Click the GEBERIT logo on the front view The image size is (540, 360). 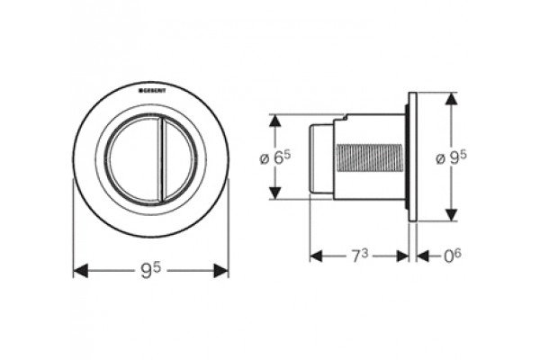[152, 91]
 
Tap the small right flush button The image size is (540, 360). [178, 160]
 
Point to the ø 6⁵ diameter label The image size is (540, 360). [274, 157]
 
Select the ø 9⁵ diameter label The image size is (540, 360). [451, 157]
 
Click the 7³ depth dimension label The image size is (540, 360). [360, 256]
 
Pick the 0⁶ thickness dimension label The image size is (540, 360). [452, 256]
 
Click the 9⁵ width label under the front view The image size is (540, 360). [151, 270]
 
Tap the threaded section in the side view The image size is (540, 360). [368, 157]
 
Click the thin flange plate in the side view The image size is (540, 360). [412, 157]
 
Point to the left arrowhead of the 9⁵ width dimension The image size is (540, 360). [81, 270]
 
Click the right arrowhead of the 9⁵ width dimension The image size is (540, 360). [221, 270]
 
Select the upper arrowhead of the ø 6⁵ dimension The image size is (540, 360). [274, 121]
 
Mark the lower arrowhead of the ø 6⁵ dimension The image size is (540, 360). [274, 193]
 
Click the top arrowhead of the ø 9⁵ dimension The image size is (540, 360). [452, 99]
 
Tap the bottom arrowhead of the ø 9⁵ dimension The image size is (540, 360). [452, 214]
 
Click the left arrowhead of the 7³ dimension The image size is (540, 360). [316, 256]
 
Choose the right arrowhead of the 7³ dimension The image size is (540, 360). [402, 256]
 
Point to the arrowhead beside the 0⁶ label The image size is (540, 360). [423, 256]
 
